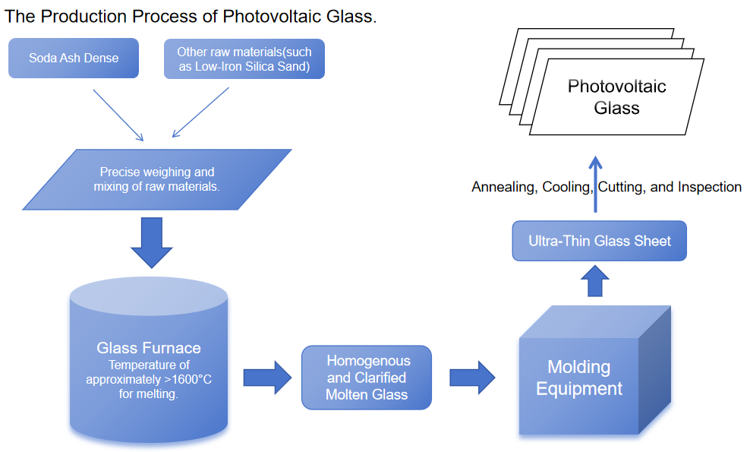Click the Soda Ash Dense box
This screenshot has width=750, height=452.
[x=74, y=58]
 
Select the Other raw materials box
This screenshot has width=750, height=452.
[x=244, y=58]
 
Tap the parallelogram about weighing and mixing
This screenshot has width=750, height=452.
[x=157, y=179]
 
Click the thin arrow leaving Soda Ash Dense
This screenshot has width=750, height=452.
[x=118, y=114]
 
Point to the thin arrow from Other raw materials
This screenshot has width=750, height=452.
[x=201, y=112]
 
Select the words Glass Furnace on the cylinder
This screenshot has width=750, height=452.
[x=149, y=348]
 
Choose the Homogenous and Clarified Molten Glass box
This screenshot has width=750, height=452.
[x=367, y=378]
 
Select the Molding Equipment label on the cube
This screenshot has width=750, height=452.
[x=579, y=378]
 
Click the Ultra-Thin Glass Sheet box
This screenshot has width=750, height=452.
[x=600, y=241]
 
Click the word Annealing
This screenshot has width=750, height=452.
[x=503, y=187]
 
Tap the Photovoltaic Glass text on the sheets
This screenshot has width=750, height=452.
[x=616, y=96]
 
